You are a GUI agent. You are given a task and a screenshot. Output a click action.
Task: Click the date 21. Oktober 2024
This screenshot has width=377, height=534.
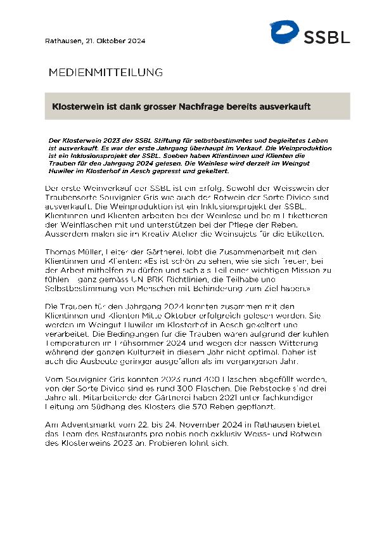(x=116, y=41)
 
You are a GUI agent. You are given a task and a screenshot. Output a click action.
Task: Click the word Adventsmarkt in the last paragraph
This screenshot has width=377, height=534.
(x=84, y=424)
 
